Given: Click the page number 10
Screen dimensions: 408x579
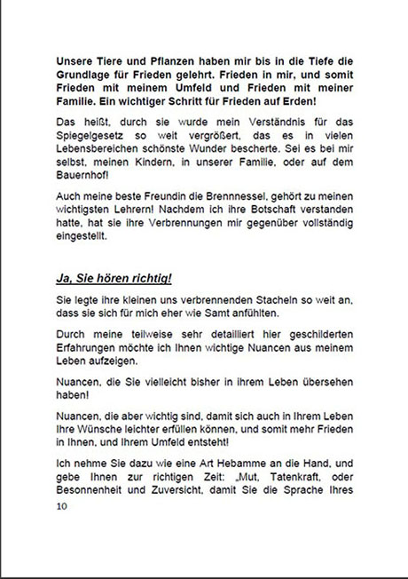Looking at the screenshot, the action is click(x=61, y=506).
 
